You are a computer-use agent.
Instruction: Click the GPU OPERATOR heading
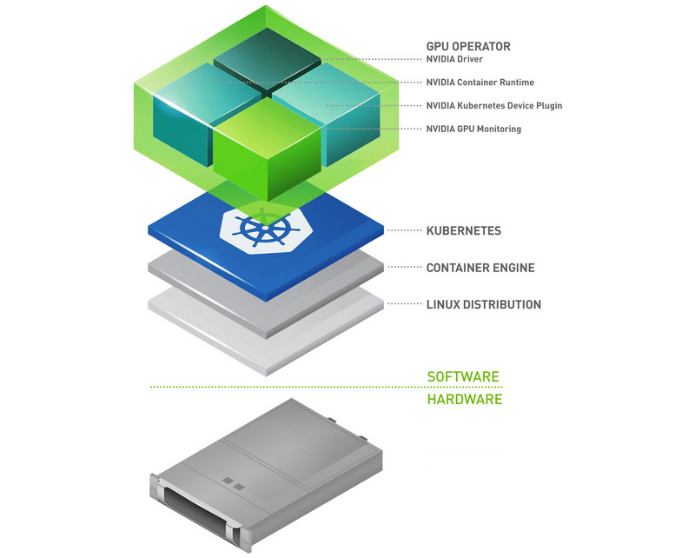pyautogui.click(x=468, y=47)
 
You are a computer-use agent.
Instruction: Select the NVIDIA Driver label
pyautogui.click(x=454, y=59)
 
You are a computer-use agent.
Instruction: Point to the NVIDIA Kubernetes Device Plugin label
pyautogui.click(x=494, y=105)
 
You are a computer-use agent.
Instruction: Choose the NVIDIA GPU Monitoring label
pyautogui.click(x=473, y=130)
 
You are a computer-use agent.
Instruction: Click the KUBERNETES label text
pyautogui.click(x=464, y=230)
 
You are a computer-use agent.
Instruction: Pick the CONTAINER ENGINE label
pyautogui.click(x=480, y=268)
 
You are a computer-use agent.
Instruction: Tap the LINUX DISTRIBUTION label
pyautogui.click(x=484, y=305)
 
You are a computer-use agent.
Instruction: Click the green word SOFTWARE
pyautogui.click(x=463, y=376)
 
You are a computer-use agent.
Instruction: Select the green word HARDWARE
pyautogui.click(x=465, y=399)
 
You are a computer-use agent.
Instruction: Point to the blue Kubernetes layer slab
pyautogui.click(x=266, y=247)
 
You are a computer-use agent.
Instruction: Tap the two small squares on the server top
pyautogui.click(x=233, y=484)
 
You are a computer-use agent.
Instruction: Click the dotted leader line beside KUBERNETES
pyautogui.click(x=405, y=230)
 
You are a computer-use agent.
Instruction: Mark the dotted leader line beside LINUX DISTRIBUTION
pyautogui.click(x=405, y=304)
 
